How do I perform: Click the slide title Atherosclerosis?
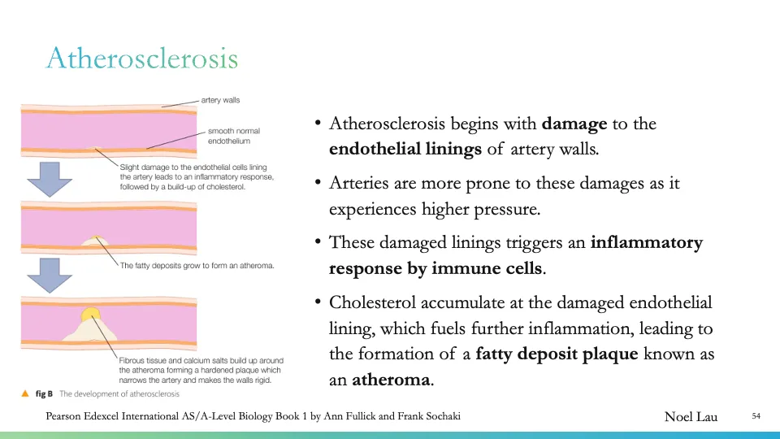tap(142, 59)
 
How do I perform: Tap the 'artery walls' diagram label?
tap(220, 100)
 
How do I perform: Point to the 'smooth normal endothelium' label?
tap(234, 136)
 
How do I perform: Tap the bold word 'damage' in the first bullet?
tap(574, 124)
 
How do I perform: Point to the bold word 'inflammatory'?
tap(646, 243)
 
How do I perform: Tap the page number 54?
tap(756, 417)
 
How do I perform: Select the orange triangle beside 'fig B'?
tap(25, 393)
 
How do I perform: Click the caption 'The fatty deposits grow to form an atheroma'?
tap(197, 265)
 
